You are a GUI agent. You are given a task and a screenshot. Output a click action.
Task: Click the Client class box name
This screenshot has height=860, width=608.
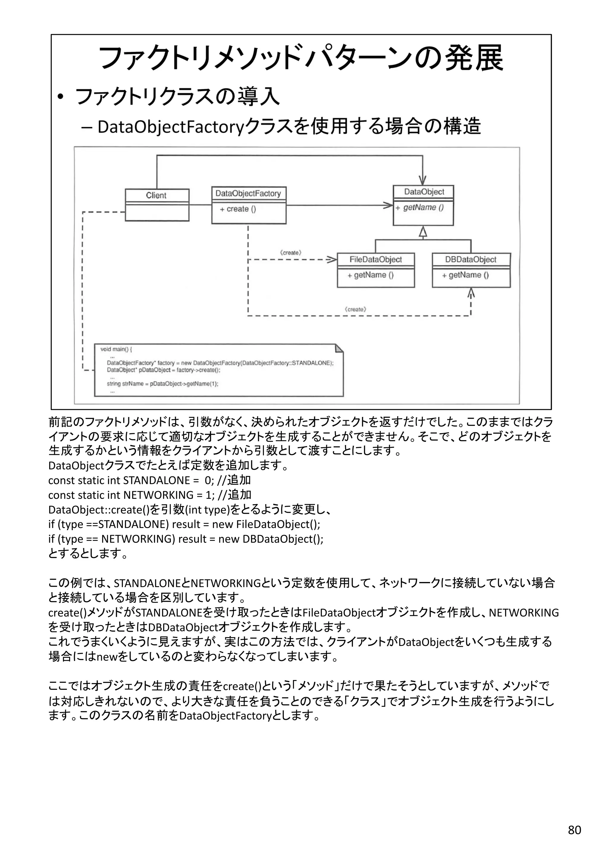point(156,195)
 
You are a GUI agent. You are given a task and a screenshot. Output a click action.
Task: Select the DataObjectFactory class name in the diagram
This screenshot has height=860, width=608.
point(248,193)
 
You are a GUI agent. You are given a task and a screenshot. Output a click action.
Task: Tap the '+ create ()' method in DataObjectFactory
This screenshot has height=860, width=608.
point(238,209)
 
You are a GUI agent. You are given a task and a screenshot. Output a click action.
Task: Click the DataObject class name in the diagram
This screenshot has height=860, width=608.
point(424,192)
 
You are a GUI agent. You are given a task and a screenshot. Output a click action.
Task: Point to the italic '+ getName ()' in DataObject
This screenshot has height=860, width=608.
point(420,208)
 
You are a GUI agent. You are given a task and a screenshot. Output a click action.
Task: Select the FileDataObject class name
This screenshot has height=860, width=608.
point(376,259)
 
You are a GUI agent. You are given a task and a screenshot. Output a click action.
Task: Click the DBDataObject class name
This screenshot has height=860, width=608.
point(471,259)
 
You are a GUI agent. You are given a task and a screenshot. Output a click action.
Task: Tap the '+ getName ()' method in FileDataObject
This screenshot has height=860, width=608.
point(370,275)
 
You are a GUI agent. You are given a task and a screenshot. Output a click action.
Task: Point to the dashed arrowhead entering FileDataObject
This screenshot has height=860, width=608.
point(332,260)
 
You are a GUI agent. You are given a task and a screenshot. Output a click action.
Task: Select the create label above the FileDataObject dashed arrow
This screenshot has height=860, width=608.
point(291,253)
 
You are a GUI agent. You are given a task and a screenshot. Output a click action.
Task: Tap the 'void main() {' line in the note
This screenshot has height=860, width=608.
point(116,349)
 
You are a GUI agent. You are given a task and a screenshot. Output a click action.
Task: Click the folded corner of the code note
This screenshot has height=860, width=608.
point(338,349)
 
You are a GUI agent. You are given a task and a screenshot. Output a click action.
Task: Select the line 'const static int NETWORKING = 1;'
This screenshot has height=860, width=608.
point(149,495)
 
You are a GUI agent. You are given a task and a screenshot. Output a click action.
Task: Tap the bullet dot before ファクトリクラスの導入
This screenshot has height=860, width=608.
point(61,97)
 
